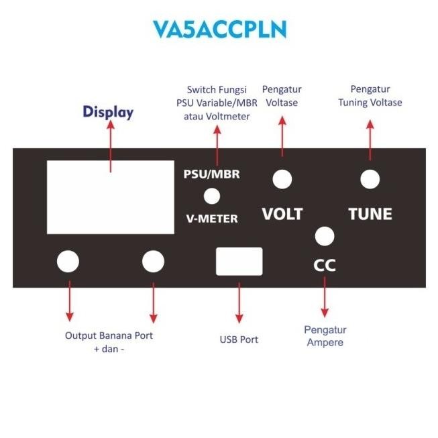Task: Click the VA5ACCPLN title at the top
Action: pyautogui.click(x=219, y=29)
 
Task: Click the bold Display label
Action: pyautogui.click(x=108, y=112)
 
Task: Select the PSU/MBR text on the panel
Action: pyautogui.click(x=212, y=174)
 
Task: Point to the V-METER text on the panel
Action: pyautogui.click(x=212, y=219)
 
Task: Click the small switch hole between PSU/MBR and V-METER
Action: pyautogui.click(x=213, y=196)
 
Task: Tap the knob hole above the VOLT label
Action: pyautogui.click(x=282, y=178)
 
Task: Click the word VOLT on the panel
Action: pyautogui.click(x=282, y=214)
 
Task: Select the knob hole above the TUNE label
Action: pyautogui.click(x=370, y=179)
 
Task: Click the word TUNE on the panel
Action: pyautogui.click(x=370, y=214)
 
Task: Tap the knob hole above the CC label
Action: pyautogui.click(x=325, y=236)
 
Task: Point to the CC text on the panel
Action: pyautogui.click(x=325, y=265)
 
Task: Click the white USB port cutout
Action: pyautogui.click(x=239, y=261)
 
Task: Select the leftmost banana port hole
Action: pyautogui.click(x=68, y=262)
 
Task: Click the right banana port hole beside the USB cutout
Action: pyautogui.click(x=153, y=262)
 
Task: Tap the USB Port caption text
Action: pyautogui.click(x=239, y=339)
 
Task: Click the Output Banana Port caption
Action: pyautogui.click(x=109, y=341)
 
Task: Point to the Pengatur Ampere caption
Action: pyautogui.click(x=325, y=336)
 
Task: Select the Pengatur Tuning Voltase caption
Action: pyautogui.click(x=370, y=95)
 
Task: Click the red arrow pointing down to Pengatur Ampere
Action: pyautogui.click(x=325, y=296)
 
